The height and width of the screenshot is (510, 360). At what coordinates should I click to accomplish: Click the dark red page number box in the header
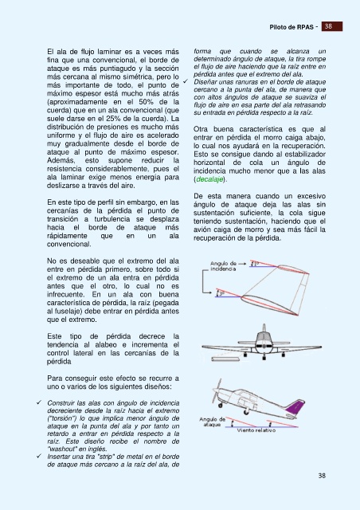[x=332, y=26]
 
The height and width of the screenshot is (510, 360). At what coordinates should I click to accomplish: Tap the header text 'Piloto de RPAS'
[x=292, y=27]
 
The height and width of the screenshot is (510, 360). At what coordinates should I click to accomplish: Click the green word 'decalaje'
[x=209, y=179]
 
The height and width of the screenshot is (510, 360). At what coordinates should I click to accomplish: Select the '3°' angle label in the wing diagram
[x=221, y=293]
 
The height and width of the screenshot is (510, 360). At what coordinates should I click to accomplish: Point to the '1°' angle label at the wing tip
[x=256, y=263]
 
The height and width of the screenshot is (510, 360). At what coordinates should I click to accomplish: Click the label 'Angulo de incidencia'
[x=223, y=266]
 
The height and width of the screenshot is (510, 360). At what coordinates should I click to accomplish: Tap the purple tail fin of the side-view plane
[x=295, y=409]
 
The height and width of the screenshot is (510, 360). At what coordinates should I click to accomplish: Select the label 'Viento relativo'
[x=256, y=430]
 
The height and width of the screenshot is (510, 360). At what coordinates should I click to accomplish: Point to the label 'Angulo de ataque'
[x=213, y=422]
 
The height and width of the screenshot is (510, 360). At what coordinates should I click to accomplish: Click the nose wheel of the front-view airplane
[x=264, y=358]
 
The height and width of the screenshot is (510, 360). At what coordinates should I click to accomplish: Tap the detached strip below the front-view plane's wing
[x=227, y=359]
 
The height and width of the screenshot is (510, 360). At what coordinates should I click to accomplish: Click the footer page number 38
[x=322, y=476]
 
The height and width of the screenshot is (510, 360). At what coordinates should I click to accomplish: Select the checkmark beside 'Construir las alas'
[x=39, y=402]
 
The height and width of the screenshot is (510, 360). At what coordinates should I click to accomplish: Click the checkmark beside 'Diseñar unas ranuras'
[x=186, y=81]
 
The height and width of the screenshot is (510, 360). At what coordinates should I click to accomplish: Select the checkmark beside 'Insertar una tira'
[x=39, y=456]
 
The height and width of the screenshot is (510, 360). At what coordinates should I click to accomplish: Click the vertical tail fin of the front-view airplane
[x=264, y=328]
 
